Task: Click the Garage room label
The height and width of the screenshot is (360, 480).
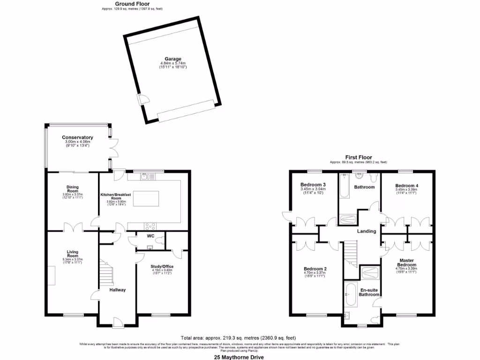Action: (172, 59)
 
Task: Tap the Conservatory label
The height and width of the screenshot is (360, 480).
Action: (77, 137)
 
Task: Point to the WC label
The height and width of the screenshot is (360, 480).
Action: (151, 236)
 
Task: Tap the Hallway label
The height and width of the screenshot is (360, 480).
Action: (117, 290)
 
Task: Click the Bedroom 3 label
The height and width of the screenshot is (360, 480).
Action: (313, 185)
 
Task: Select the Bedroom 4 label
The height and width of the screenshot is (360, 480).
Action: (406, 185)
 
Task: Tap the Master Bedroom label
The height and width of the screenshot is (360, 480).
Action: (407, 262)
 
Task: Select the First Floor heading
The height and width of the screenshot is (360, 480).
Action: (358, 157)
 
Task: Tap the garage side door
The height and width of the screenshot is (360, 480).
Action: (142, 100)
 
